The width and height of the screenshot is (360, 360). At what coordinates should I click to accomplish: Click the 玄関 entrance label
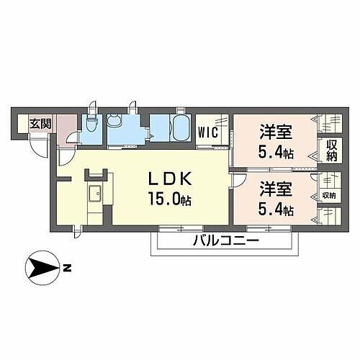pyautogui.click(x=40, y=124)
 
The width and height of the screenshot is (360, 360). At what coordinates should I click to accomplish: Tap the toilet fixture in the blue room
pyautogui.click(x=91, y=122)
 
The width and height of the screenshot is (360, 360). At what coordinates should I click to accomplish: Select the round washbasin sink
pyautogui.click(x=113, y=121)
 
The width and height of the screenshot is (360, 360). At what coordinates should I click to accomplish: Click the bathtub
pyautogui.click(x=181, y=127)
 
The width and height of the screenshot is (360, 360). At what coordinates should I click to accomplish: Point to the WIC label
pyautogui.click(x=208, y=132)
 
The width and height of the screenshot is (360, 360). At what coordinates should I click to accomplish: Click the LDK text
pyautogui.click(x=170, y=179)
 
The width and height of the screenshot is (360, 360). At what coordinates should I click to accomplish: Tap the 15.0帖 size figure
pyautogui.click(x=170, y=199)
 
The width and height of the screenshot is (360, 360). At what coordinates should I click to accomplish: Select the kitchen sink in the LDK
pyautogui.click(x=96, y=194)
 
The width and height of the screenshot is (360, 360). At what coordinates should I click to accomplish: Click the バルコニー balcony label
pyautogui.click(x=226, y=240)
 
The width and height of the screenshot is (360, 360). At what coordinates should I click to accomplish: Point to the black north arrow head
pyautogui.click(x=43, y=268)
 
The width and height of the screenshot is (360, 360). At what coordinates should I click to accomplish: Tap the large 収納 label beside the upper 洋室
pyautogui.click(x=332, y=150)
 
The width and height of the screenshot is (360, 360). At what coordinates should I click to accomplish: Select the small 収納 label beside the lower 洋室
pyautogui.click(x=328, y=196)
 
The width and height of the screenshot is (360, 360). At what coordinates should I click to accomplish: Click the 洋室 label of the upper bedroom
pyautogui.click(x=276, y=132)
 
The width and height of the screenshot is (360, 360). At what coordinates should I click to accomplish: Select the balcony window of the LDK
pyautogui.click(x=181, y=228)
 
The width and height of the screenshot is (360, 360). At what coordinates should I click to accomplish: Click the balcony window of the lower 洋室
pyautogui.click(x=269, y=228)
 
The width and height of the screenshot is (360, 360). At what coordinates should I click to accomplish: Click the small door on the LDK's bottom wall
pyautogui.click(x=77, y=232)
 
